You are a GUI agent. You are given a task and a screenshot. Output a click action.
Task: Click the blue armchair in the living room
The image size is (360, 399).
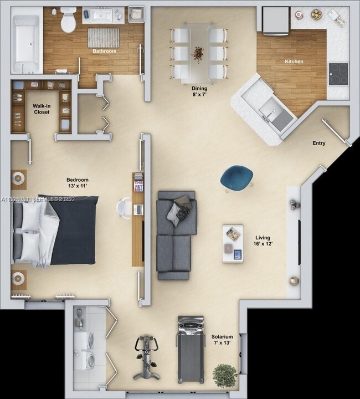point(236,177)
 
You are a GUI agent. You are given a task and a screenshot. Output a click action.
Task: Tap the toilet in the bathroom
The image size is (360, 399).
point(68,20)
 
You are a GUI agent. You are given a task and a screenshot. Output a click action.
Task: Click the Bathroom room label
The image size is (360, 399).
point(104,52)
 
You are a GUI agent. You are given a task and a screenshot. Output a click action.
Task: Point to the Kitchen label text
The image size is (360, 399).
point(294,62)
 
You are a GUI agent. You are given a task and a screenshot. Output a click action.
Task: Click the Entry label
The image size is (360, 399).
point(318,144)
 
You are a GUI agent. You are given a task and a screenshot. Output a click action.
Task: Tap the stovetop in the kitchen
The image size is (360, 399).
point(338,74)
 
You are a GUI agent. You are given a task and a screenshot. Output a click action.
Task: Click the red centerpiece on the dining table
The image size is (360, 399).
point(198,53)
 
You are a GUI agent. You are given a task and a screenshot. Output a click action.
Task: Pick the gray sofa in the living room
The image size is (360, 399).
point(176,235)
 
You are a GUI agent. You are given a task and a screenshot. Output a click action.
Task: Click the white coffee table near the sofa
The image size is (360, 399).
point(233,243)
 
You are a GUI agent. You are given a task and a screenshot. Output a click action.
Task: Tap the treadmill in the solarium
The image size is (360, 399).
point(191,349)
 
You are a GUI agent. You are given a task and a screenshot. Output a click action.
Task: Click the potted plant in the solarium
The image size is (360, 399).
point(224,376)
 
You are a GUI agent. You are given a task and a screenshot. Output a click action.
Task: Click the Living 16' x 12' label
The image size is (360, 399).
point(263,240)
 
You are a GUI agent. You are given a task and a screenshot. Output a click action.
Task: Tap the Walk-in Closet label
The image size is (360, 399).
point(41,109)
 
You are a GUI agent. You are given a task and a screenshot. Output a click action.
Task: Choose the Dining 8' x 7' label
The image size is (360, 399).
point(199,91)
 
